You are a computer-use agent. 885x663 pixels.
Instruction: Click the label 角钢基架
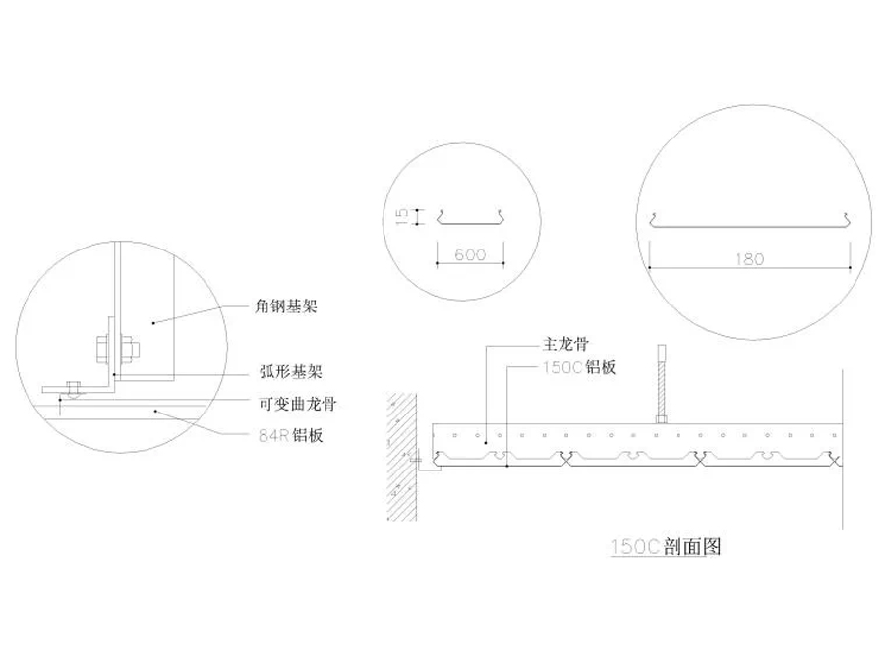(x=284, y=306)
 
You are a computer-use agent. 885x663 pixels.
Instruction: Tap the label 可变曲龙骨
(x=291, y=404)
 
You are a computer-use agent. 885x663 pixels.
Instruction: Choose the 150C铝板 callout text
(x=578, y=367)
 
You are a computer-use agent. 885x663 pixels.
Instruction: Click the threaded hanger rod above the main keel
(x=662, y=383)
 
